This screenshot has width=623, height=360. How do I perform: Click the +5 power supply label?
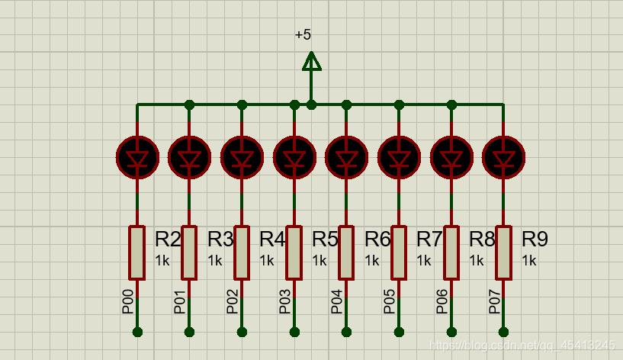pos(303,35)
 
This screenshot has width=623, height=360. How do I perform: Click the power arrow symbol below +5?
pos(311,62)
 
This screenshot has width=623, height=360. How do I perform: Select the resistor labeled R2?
pos(137,252)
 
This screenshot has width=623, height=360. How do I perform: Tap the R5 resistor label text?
pos(325,239)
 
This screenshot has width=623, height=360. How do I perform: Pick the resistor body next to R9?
pos(503,252)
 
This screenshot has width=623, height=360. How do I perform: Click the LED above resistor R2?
pos(137,157)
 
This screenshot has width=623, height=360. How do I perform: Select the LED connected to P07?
pos(503,157)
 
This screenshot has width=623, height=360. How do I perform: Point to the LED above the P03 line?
pos(294,157)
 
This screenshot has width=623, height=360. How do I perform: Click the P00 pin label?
pos(128,302)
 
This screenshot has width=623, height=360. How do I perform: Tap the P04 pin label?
pos(337,302)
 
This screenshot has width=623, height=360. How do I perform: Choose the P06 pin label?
pos(442,302)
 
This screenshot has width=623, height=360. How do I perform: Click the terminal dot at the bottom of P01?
pos(190,332)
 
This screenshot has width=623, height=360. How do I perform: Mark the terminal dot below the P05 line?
pos(399,332)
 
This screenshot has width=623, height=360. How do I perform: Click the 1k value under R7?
pos(424,261)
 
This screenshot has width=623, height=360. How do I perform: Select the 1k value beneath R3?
pos(215,261)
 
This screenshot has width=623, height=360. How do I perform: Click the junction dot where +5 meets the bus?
pos(311,104)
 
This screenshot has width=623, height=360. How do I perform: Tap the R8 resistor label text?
pos(482,239)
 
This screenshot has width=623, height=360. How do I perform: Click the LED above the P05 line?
pos(399,157)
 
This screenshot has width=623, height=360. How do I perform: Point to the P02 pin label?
pos(233,302)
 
